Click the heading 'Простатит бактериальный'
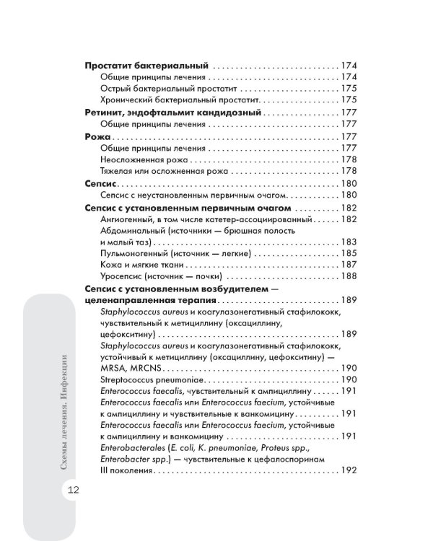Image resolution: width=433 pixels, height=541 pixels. (147, 64)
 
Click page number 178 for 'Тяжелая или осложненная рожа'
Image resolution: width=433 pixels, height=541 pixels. (349, 171)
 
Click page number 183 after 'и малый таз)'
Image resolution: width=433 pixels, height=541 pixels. (349, 242)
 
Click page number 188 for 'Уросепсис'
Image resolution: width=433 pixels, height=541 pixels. (349, 276)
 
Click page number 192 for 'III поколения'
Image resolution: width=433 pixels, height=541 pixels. (349, 472)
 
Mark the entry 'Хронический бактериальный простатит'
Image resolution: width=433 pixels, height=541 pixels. (177, 99)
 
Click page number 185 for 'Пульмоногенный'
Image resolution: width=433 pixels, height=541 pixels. (349, 253)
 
